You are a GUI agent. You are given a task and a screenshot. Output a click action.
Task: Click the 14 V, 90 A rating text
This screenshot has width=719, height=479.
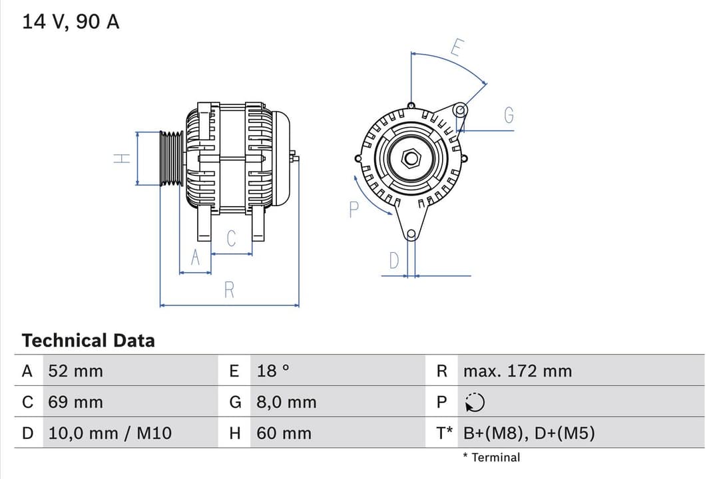coord(71,22)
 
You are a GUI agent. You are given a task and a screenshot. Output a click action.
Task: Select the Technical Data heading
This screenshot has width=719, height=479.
coord(88,341)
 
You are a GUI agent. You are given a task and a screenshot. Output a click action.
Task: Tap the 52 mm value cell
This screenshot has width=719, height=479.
coord(75,371)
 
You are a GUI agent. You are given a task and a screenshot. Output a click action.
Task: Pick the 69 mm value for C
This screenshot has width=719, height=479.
coord(75,402)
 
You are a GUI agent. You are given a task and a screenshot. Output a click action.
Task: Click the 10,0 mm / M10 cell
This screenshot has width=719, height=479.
coord(110,434)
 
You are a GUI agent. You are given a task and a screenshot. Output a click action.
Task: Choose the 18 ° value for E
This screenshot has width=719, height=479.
coord(273,371)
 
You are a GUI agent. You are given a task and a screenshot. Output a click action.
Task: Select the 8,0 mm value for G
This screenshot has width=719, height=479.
coord(286,402)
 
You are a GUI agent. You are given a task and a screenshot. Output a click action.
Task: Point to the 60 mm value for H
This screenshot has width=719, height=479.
coord(284,434)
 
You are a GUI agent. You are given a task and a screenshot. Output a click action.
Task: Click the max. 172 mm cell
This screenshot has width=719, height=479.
coord(517,371)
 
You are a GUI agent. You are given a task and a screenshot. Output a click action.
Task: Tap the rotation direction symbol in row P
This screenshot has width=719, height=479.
coord(475,402)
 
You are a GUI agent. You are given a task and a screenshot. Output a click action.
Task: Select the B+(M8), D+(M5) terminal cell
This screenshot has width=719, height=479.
coord(529,434)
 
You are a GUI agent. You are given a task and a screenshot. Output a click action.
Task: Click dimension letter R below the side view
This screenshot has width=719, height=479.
coord(229,290)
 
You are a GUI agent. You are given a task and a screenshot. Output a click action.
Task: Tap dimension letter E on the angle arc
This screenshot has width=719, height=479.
coord(457,48)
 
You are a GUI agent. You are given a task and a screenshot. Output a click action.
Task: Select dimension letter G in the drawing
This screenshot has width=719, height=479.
coord(509,116)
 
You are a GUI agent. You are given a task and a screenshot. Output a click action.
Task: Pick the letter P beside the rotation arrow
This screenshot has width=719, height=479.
coord(354,210)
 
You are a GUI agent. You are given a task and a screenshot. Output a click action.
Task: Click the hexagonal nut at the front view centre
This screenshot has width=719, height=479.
coord(411,158)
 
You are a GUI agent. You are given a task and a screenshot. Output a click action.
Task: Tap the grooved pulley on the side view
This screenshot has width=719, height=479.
coord(171,158)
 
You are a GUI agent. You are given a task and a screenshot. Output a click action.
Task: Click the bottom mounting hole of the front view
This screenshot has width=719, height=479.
coord(411,234)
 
